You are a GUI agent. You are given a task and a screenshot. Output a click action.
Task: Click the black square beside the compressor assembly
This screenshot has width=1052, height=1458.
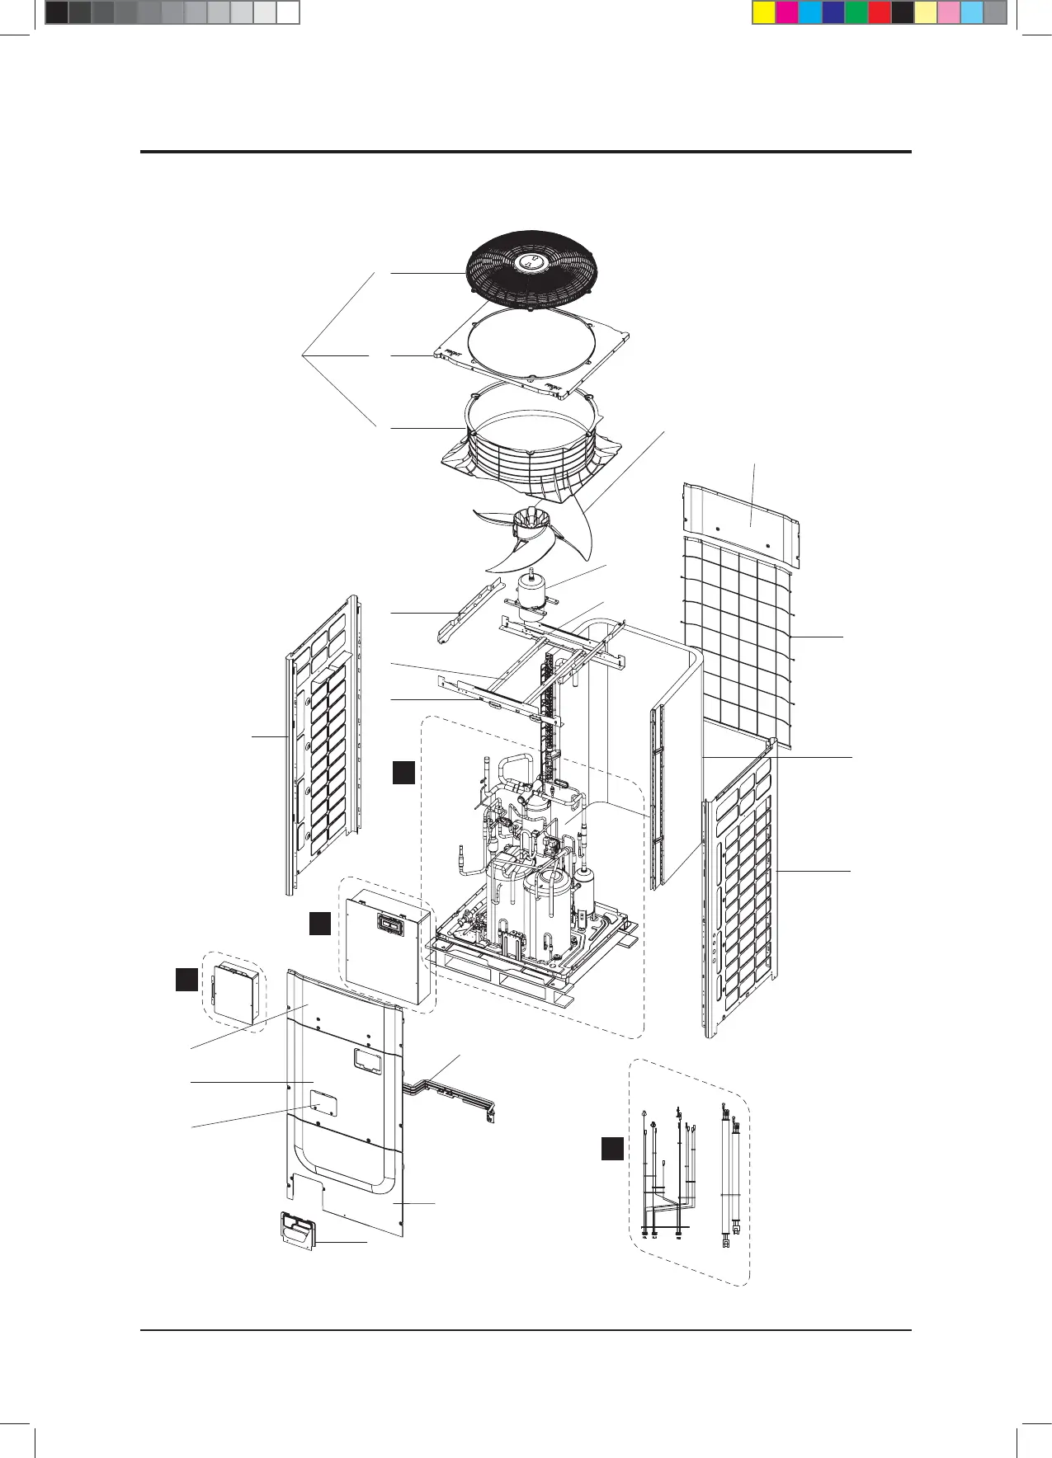pyautogui.click(x=403, y=773)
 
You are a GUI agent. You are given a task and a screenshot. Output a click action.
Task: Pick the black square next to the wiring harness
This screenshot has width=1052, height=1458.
pyautogui.click(x=611, y=1148)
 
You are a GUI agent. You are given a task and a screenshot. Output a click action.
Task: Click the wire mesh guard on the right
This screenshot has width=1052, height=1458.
pyautogui.click(x=737, y=643)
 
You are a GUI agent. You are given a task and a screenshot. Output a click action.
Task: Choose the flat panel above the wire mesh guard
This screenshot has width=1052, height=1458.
pyautogui.click(x=741, y=515)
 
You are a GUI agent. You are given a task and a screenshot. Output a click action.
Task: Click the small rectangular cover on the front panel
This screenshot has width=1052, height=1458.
pyautogui.click(x=321, y=1103)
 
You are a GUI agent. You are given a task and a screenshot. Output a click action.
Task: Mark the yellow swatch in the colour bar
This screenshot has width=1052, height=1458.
pyautogui.click(x=764, y=13)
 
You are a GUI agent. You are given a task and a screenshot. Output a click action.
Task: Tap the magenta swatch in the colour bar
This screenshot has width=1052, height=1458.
pyautogui.click(x=787, y=13)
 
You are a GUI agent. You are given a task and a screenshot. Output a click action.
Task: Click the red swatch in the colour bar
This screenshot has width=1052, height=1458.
pyautogui.click(x=880, y=13)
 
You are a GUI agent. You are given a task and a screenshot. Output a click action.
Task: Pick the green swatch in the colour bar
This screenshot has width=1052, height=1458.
pyautogui.click(x=856, y=13)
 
